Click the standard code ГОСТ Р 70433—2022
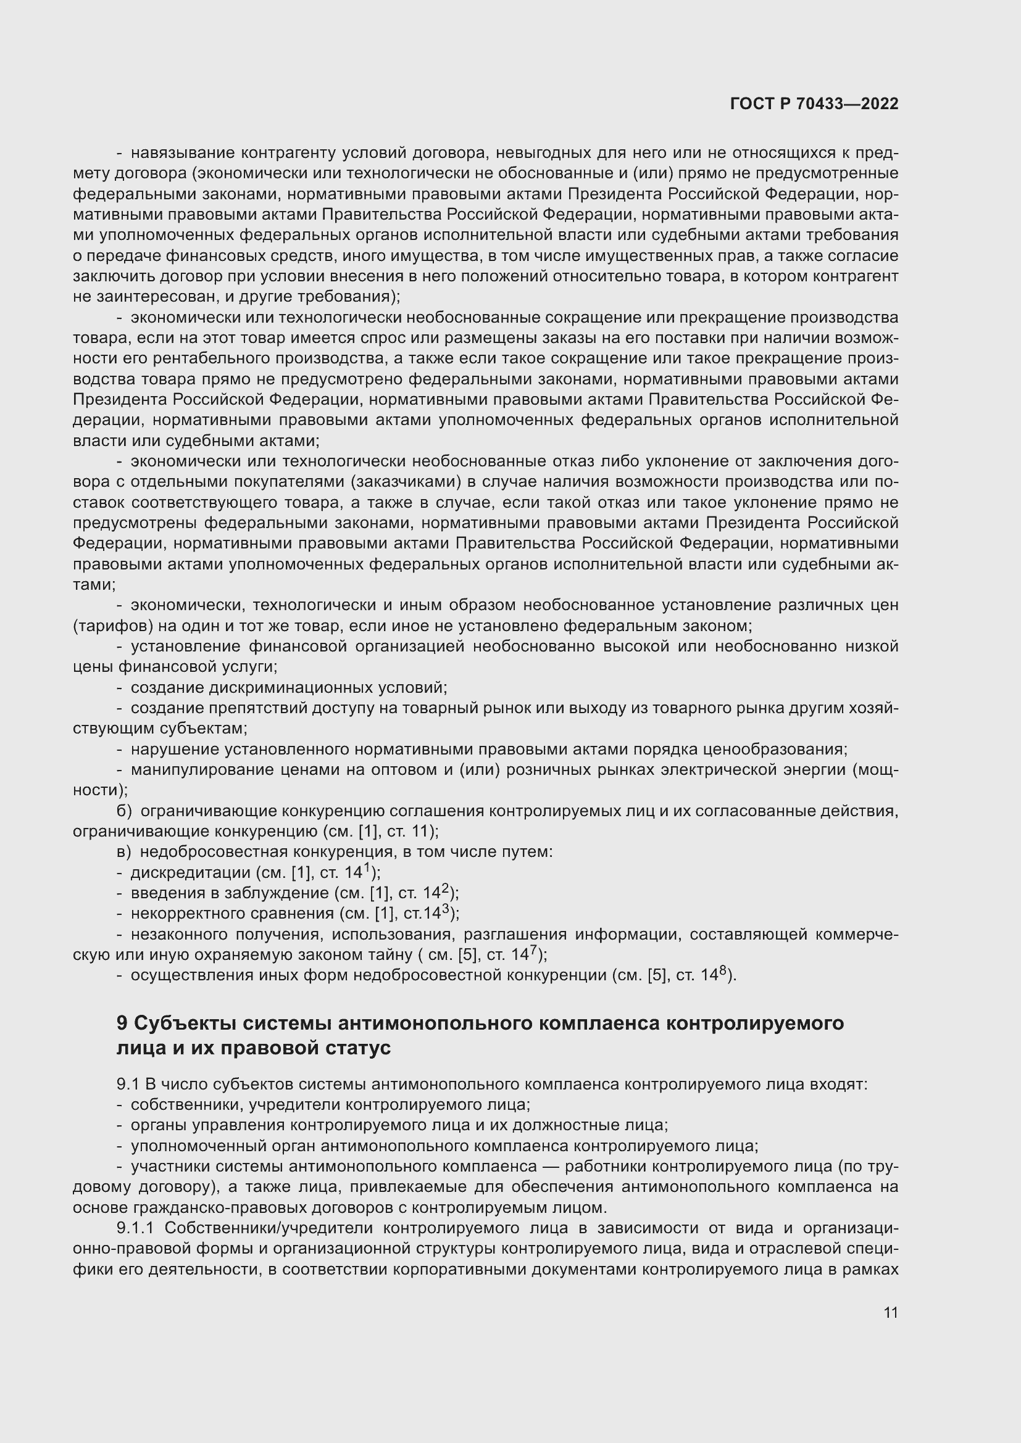(814, 104)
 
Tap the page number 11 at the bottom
(890, 1313)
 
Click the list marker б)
(124, 811)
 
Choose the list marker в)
(124, 851)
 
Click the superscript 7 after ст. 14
(533, 949)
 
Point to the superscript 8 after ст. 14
(722, 970)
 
